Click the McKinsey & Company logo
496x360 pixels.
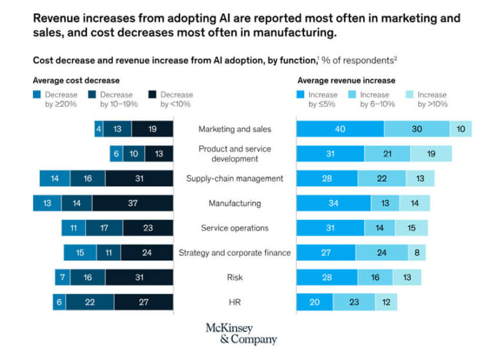click(x=241, y=334)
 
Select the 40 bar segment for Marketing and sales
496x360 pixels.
click(x=340, y=129)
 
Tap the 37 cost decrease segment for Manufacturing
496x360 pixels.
click(x=132, y=203)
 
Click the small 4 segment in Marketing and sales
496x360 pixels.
click(x=98, y=129)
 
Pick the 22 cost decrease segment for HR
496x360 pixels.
click(x=90, y=302)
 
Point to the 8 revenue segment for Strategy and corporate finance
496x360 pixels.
click(x=417, y=253)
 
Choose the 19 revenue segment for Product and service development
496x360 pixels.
click(x=431, y=153)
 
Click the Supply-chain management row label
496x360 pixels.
click(x=234, y=178)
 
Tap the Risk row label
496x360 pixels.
click(x=234, y=277)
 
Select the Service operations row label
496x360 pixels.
click(x=234, y=228)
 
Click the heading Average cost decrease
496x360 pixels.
click(x=76, y=81)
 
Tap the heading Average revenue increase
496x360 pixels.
click(x=346, y=81)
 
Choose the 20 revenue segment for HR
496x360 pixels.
click(x=315, y=302)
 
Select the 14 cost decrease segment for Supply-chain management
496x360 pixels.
click(x=55, y=178)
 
